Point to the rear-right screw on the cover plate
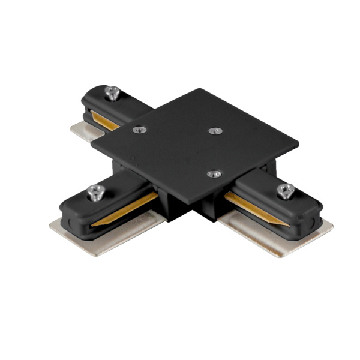pos(214,130)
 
